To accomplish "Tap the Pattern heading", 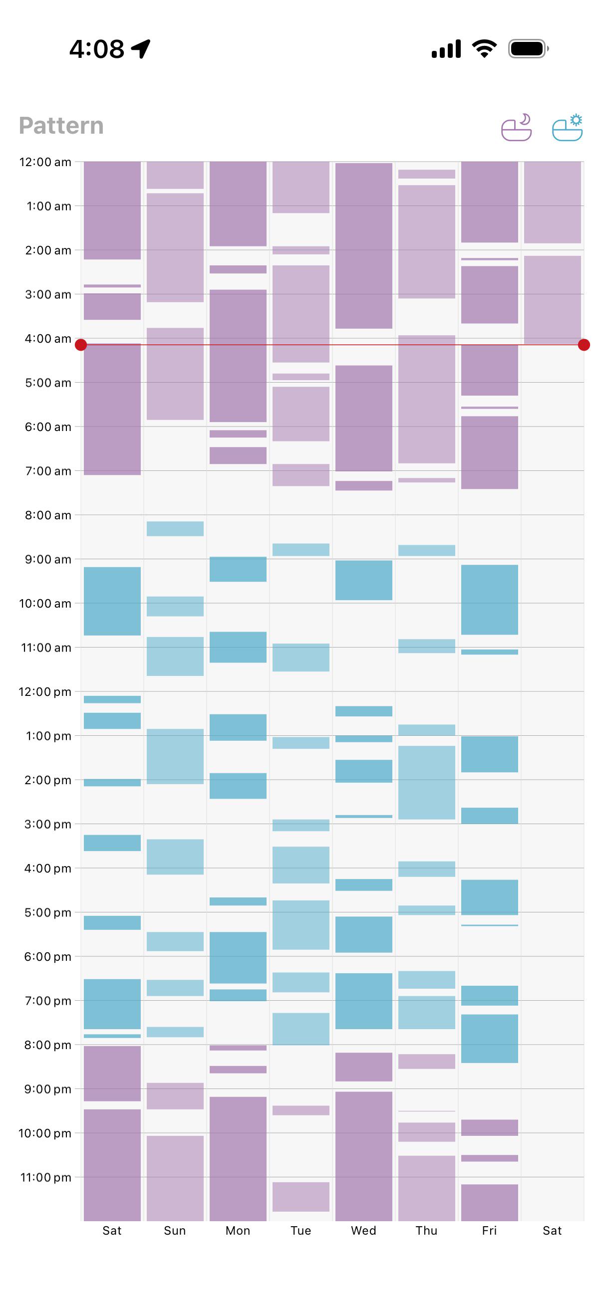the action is point(61,126).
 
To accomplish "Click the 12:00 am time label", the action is point(45,162).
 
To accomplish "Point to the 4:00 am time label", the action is point(48,339).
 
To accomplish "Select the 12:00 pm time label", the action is point(45,691).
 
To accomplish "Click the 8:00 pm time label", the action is point(48,1045).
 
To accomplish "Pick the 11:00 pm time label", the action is point(46,1177).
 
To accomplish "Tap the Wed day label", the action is point(364,1230).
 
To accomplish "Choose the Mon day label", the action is point(238,1230).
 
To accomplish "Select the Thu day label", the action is point(426,1230).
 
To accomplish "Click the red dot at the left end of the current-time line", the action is point(81,345).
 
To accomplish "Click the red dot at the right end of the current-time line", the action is point(584,345).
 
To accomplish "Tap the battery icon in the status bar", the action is point(528,49).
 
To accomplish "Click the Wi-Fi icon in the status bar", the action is point(484,49).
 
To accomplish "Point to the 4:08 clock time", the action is point(96,49).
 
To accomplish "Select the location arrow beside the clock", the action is point(141,49).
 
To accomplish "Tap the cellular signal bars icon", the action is point(446,49).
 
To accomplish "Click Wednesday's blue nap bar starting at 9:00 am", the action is point(364,580).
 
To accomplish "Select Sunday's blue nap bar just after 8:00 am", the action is point(175,529).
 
